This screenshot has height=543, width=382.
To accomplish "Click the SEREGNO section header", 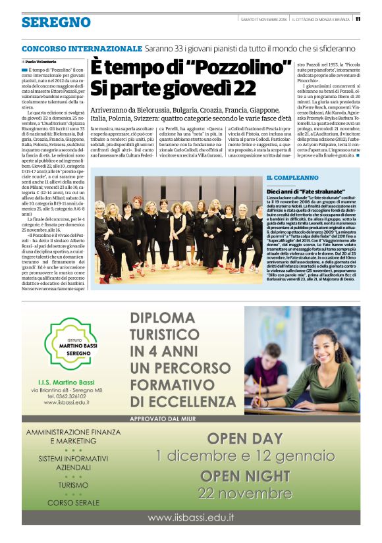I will point(56,22).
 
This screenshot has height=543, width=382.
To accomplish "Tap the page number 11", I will point(375,19).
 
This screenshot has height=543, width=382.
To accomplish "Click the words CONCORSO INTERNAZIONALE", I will point(82,49).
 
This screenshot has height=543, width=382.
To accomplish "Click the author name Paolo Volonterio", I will point(41,61).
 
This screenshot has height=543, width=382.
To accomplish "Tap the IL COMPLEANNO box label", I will point(292,178).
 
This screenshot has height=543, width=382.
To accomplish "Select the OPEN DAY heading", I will point(246,438).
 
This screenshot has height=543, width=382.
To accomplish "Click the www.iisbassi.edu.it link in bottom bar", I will point(190,518).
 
